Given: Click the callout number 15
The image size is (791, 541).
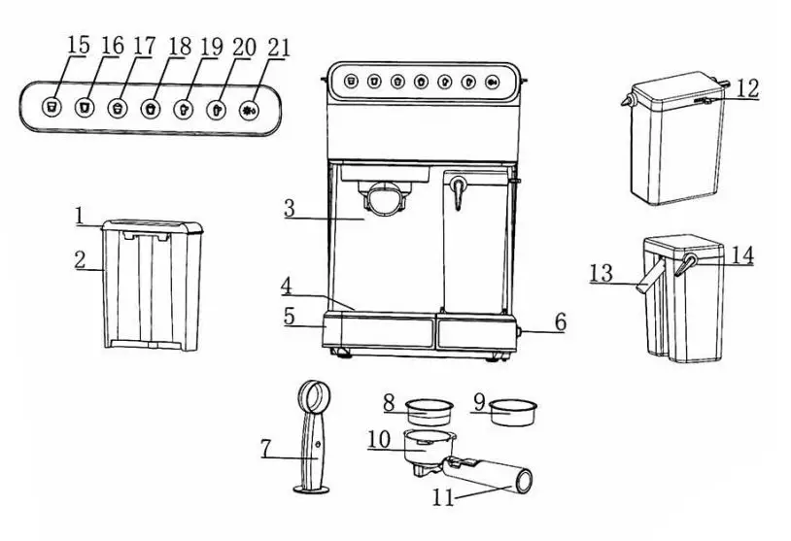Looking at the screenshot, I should click(x=79, y=46).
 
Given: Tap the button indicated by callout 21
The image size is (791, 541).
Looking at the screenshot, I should click(x=249, y=108).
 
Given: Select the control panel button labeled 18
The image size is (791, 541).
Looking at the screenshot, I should click(x=151, y=107).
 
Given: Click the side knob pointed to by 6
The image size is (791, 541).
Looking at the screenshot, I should click(x=521, y=332).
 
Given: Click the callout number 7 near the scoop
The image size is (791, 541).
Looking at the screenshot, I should click(x=266, y=450).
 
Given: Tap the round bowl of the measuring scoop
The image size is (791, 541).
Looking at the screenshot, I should click(x=315, y=396).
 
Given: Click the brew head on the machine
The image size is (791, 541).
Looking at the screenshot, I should click(x=385, y=198).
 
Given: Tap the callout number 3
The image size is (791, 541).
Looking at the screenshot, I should click(x=290, y=208).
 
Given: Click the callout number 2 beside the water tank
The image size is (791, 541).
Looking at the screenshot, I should click(x=81, y=260).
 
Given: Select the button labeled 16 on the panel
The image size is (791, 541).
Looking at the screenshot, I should click(x=86, y=105).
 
